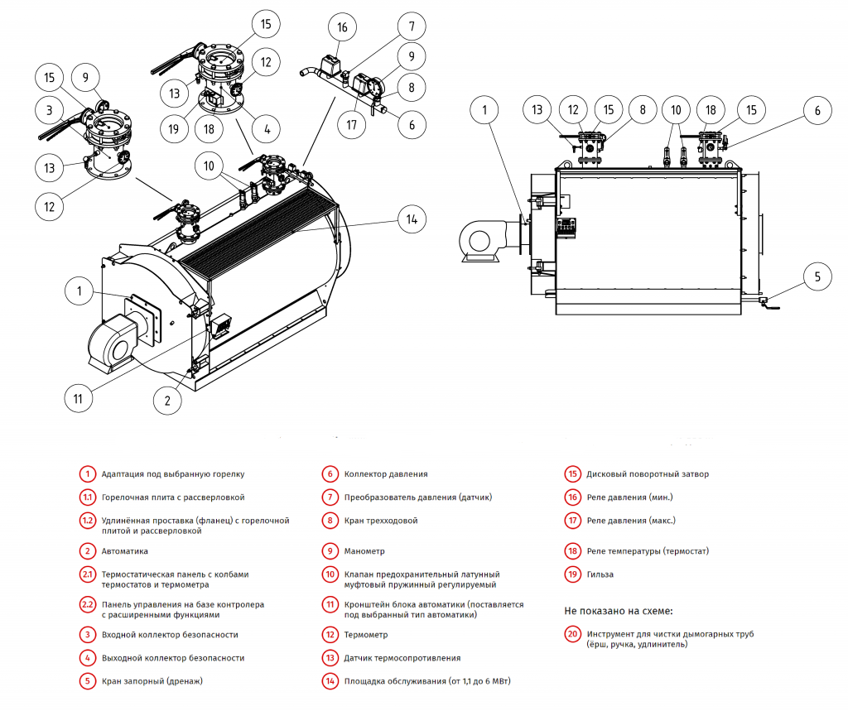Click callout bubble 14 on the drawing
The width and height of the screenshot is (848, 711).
[x=411, y=219]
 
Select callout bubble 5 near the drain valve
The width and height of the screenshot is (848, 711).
[x=817, y=276]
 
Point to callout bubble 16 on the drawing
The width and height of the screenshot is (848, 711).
[x=342, y=27]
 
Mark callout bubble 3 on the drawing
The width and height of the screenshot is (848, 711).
[x=50, y=109]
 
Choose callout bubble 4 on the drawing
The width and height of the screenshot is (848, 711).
[x=266, y=129]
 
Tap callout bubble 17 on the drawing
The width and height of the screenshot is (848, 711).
[x=352, y=126]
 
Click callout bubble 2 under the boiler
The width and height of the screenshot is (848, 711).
[x=167, y=401]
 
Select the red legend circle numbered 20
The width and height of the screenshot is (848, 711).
[x=573, y=635]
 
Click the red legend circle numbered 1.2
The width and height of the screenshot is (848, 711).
[x=87, y=521]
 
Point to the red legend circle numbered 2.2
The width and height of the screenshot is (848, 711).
[x=87, y=604]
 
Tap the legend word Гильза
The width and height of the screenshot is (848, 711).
[x=600, y=574]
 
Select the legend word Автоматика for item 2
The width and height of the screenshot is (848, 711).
[x=124, y=550]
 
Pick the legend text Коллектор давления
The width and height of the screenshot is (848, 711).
[x=386, y=474]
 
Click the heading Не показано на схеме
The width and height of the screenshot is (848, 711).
[x=619, y=610]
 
